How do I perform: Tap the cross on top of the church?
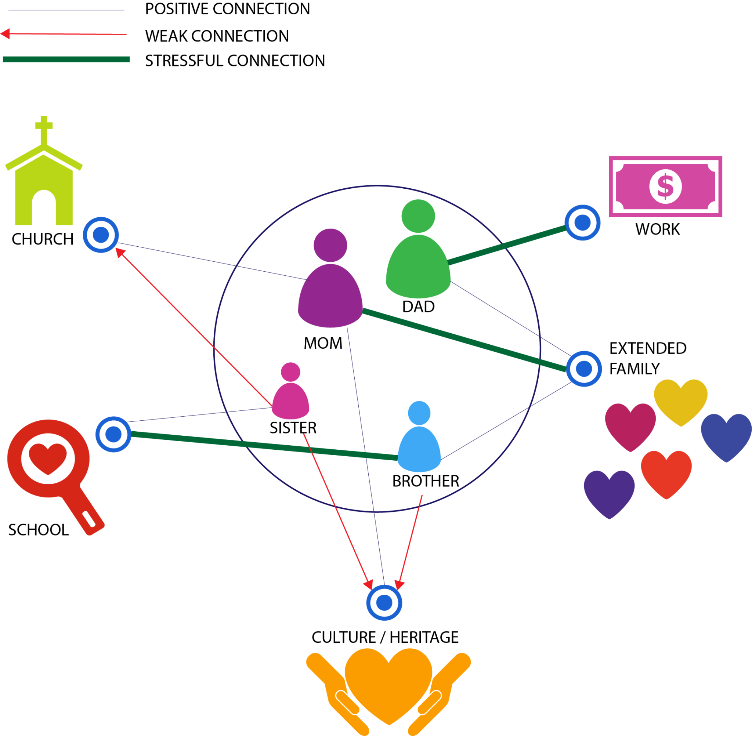pyautogui.click(x=44, y=128)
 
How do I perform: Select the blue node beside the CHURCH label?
pyautogui.click(x=101, y=235)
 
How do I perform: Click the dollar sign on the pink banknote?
pyautogui.click(x=665, y=186)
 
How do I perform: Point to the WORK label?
pyautogui.click(x=657, y=229)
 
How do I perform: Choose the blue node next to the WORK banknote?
pyautogui.click(x=582, y=223)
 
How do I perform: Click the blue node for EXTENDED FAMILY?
pyautogui.click(x=584, y=369)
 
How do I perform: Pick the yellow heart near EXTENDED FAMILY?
pyautogui.click(x=680, y=400)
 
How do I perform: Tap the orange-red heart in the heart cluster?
pyautogui.click(x=666, y=473)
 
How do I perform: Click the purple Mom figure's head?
pyautogui.click(x=330, y=245)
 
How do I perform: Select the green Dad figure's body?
pyautogui.click(x=418, y=267)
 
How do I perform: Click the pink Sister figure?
pyautogui.click(x=290, y=394)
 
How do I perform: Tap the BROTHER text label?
pyautogui.click(x=426, y=481)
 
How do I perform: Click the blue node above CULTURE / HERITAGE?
pyautogui.click(x=384, y=603)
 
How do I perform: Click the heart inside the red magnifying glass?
pyautogui.click(x=48, y=458)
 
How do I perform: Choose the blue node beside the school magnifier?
pyautogui.click(x=113, y=435)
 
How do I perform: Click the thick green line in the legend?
pyautogui.click(x=66, y=59)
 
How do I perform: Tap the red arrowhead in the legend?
pyautogui.click(x=5, y=34)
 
